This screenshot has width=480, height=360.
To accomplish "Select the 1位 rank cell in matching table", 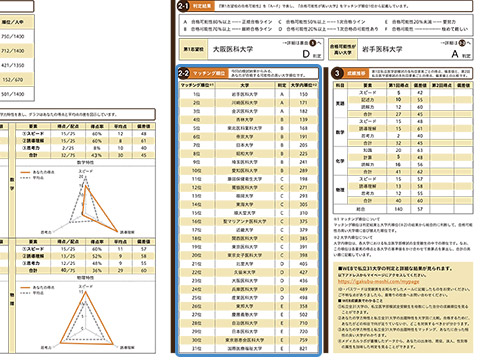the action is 189,95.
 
